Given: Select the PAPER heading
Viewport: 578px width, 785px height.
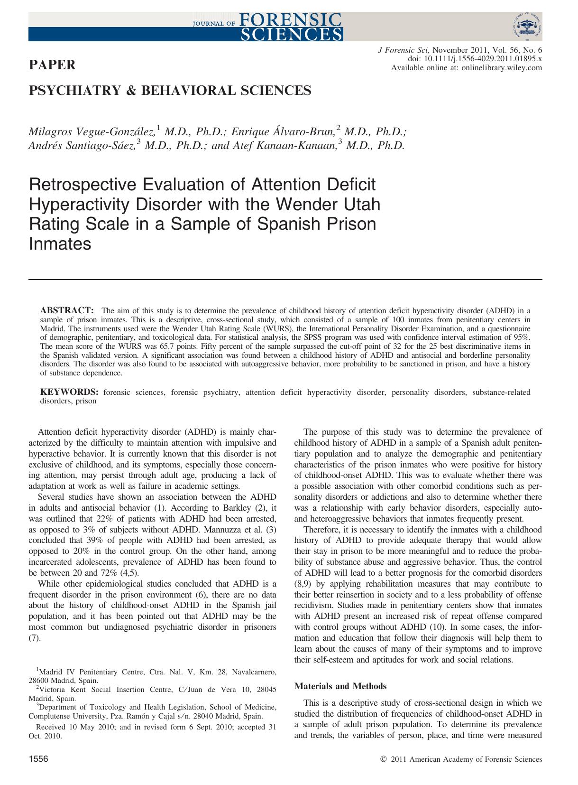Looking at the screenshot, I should coord(52,65).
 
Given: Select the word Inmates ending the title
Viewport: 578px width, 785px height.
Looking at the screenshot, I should coord(60,244).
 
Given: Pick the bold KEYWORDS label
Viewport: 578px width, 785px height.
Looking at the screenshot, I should coord(69,392).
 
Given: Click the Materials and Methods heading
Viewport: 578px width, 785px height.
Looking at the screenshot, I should coord(340,686).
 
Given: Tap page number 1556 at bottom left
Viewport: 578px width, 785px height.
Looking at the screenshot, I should coord(39,759).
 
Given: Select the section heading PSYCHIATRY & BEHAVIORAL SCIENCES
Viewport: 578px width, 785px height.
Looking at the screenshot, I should coord(170,90).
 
